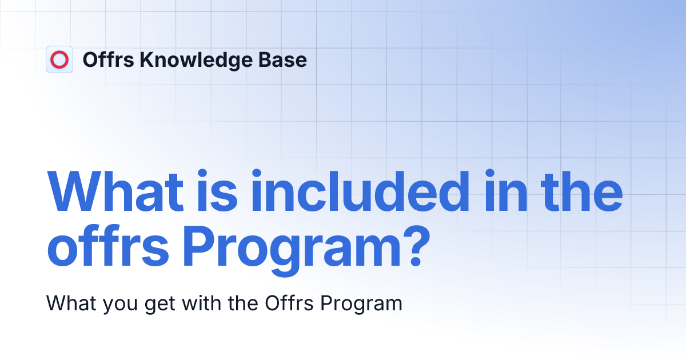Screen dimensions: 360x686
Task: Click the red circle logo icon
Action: coord(59,59)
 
